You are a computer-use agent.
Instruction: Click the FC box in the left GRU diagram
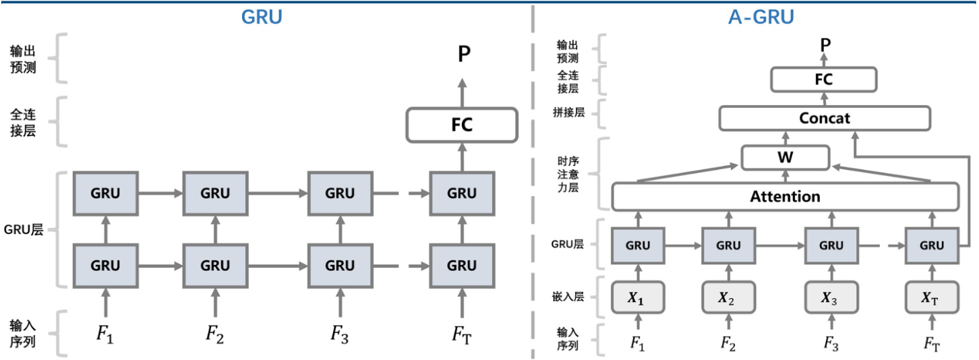(462, 125)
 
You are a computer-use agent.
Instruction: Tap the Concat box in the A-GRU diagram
(825, 118)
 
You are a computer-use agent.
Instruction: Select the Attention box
(785, 197)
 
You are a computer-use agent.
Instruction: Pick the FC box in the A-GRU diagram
(824, 80)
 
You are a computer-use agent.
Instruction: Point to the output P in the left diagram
(463, 54)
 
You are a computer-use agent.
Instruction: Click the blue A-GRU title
(761, 17)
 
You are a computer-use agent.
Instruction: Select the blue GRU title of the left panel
(261, 17)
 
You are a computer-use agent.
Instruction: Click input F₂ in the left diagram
(214, 333)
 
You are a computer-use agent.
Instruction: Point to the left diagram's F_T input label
(462, 333)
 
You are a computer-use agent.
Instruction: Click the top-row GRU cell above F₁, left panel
(105, 193)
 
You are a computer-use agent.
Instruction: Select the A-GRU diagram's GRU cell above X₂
(728, 245)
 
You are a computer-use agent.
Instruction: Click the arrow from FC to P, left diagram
(463, 92)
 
